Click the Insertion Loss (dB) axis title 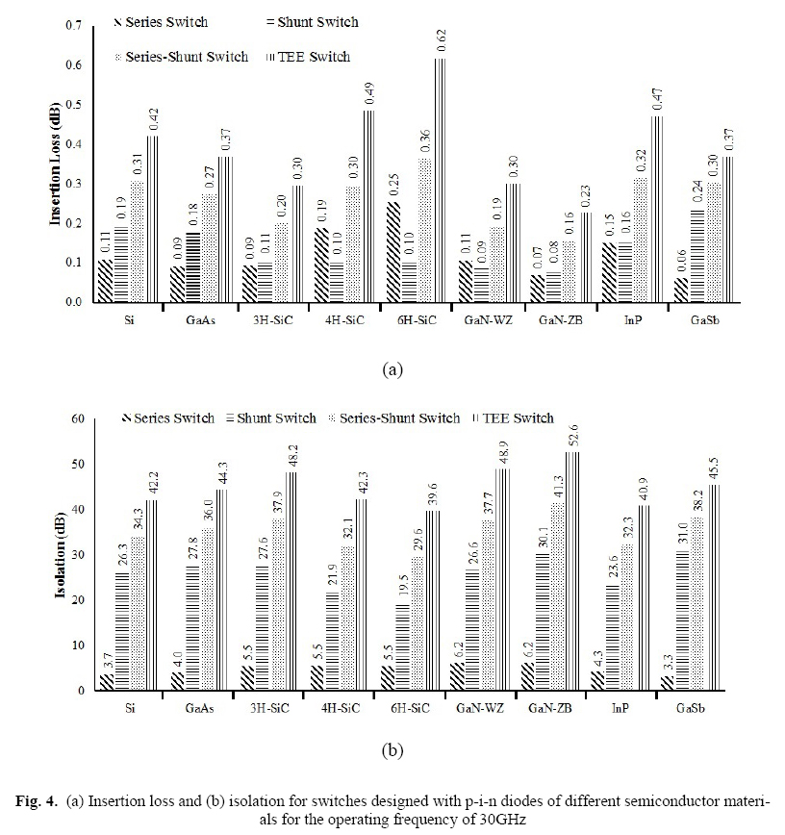tap(57, 164)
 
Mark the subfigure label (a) tap(392, 368)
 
